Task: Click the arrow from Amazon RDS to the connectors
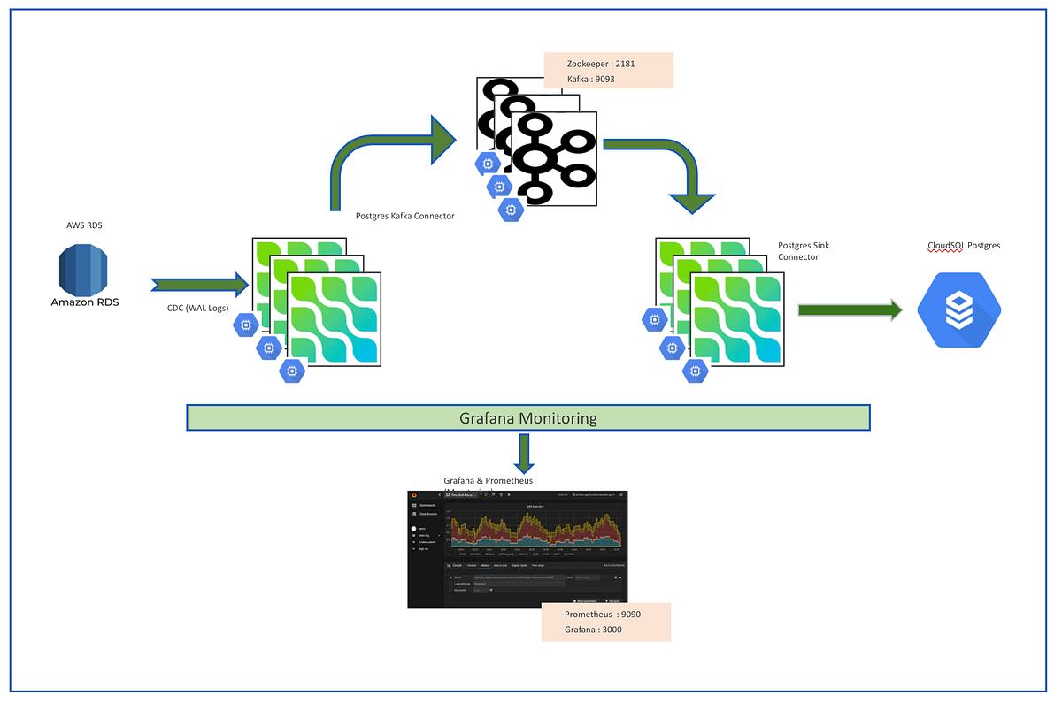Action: click(x=200, y=284)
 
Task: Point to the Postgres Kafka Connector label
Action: click(x=404, y=215)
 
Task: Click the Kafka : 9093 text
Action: click(x=591, y=80)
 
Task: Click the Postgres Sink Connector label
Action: click(x=803, y=251)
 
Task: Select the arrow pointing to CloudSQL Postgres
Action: click(x=849, y=309)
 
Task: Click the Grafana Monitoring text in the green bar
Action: click(x=528, y=418)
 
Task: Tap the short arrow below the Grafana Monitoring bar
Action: click(x=524, y=452)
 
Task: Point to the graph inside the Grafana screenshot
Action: click(x=534, y=530)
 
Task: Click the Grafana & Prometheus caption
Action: click(x=488, y=480)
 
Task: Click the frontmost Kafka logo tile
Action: click(x=553, y=159)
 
